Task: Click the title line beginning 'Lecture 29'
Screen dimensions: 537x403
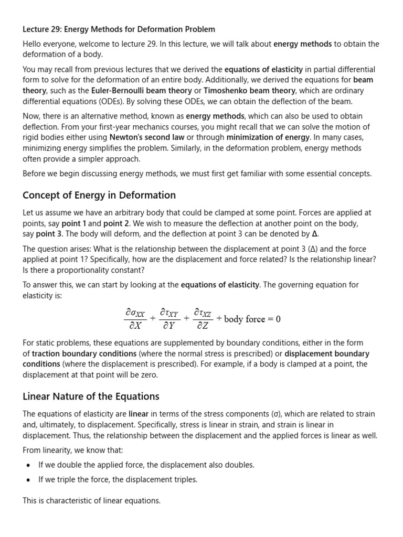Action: click(119, 29)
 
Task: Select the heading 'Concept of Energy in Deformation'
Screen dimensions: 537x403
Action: click(99, 195)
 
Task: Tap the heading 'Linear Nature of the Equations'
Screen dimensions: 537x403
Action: click(91, 396)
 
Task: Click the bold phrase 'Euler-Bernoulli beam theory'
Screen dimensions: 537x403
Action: click(134, 90)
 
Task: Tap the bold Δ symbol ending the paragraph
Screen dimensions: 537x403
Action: click(315, 234)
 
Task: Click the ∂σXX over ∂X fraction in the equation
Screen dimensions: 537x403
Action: click(134, 319)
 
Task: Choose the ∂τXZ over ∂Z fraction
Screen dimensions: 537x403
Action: click(203, 319)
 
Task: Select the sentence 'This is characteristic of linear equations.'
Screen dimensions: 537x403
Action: click(91, 501)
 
